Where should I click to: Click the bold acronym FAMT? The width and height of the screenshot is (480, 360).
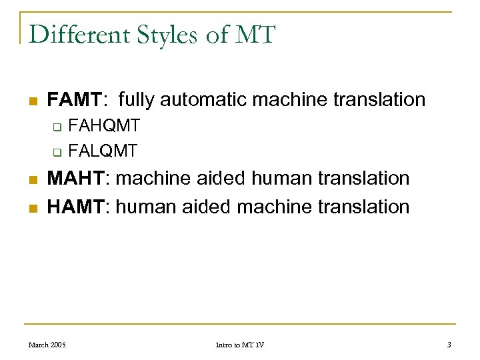73,100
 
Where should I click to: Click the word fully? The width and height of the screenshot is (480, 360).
139,100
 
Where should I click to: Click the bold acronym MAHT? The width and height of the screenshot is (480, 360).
73,179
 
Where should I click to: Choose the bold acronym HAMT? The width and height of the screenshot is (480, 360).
73,207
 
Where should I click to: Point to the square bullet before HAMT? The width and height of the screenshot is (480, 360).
31,208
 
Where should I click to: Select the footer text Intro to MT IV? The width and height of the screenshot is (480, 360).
240,345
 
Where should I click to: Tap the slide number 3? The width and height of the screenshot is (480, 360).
449,345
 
